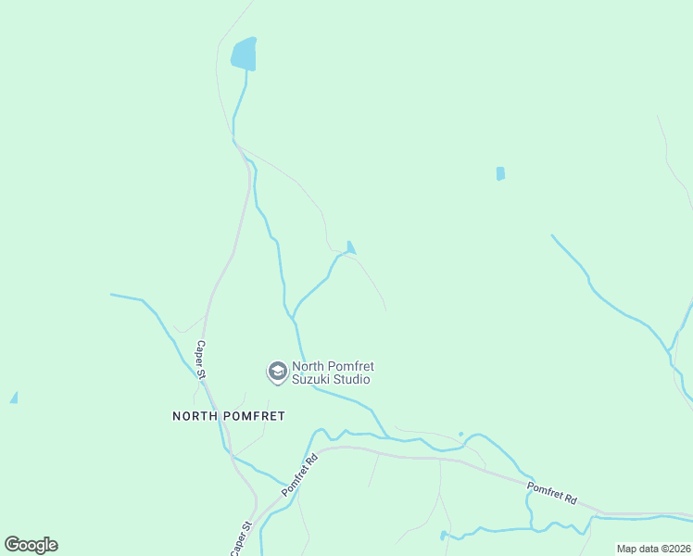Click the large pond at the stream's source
[244, 55]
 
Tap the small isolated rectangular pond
[500, 173]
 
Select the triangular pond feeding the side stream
[350, 247]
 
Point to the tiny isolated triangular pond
[14, 398]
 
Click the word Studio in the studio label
[353, 380]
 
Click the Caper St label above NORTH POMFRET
[201, 359]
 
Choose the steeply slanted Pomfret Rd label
[299, 472]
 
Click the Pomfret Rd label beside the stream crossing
[551, 493]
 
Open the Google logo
[31, 545]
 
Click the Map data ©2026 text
[653, 549]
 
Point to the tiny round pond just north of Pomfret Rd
[460, 434]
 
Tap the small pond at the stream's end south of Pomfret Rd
[444, 535]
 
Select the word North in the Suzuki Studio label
[309, 367]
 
